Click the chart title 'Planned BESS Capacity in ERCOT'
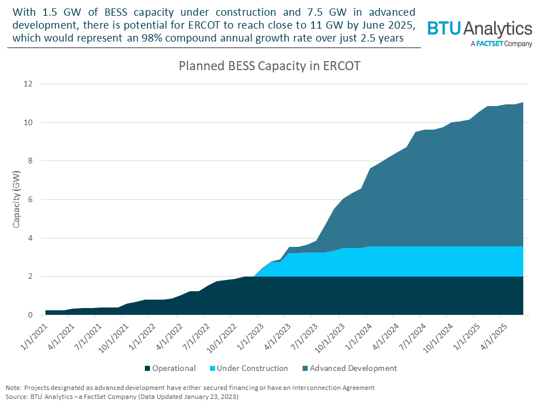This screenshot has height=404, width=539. (x=269, y=66)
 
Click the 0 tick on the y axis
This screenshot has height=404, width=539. (x=31, y=315)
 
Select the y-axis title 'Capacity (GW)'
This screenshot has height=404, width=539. (x=17, y=200)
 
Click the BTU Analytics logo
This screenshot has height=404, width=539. (x=479, y=29)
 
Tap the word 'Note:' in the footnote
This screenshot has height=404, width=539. (x=14, y=388)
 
